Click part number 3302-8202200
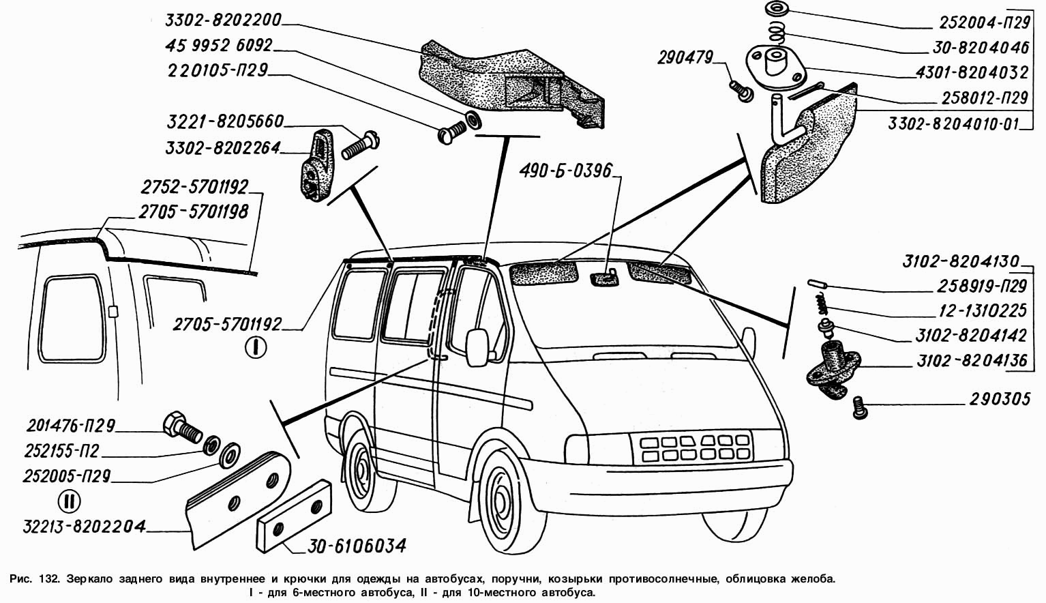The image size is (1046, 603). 222,20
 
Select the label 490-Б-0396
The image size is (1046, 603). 565,170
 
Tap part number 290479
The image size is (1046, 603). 685,59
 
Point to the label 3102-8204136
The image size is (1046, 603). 971,361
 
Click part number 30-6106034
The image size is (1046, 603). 357,546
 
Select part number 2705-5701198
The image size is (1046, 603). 193,211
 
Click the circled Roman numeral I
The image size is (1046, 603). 256,348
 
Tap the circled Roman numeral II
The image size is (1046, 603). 69,501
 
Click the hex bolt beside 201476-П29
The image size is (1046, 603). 179,426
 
